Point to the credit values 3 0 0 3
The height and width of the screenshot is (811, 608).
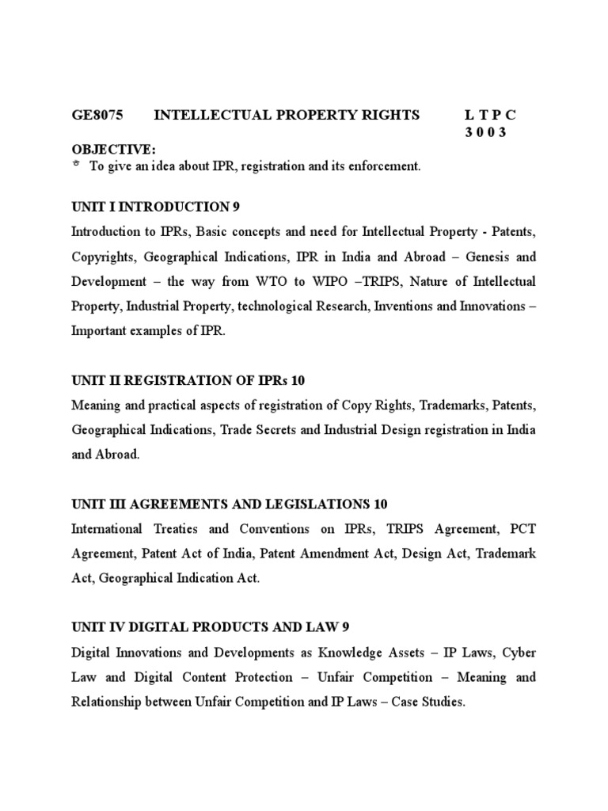[x=484, y=132]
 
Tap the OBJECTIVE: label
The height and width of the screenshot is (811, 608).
[x=114, y=150]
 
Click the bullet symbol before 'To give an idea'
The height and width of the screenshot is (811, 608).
[x=76, y=164]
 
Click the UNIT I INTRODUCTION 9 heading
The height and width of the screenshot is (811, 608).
[x=155, y=208]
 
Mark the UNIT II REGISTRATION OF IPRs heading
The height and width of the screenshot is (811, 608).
[x=188, y=381]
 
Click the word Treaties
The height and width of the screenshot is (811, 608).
[x=176, y=529]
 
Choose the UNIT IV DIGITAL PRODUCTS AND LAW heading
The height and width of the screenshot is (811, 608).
[x=210, y=628]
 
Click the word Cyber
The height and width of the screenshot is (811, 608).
[x=519, y=653]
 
